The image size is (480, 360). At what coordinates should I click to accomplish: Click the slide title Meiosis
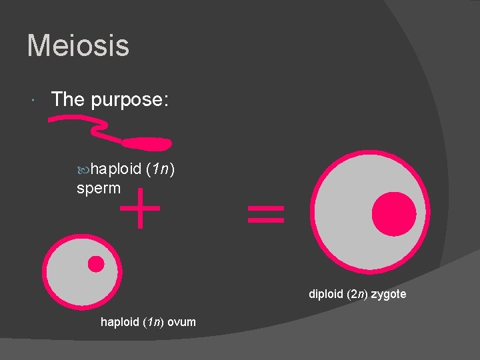coord(78,47)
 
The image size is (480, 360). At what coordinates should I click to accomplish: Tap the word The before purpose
coord(67,99)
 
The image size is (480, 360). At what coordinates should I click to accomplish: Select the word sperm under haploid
coord(99,188)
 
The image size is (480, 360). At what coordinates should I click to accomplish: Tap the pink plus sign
coord(139,207)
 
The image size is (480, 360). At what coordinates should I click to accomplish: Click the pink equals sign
coord(265,213)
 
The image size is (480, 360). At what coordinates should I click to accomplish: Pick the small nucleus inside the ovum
coord(96,264)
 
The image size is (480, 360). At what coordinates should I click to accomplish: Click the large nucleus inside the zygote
coord(394,213)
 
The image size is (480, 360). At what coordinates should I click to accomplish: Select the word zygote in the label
coord(388,294)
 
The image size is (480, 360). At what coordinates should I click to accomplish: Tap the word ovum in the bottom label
coord(182,322)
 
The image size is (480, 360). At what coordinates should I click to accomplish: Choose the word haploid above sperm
coord(117,169)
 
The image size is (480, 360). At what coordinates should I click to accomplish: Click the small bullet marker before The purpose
coord(33,101)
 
